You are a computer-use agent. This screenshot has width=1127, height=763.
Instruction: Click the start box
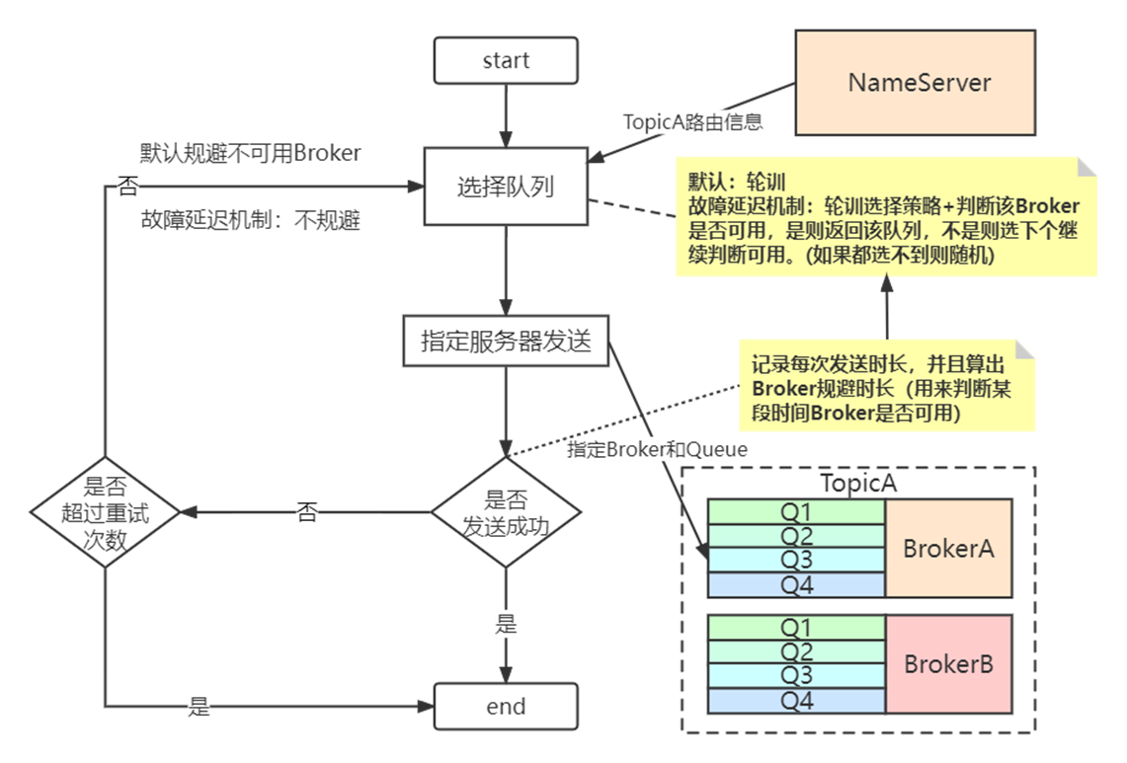505,61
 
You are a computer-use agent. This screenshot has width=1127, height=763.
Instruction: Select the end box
505,707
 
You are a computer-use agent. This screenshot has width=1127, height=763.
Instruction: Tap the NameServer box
919,82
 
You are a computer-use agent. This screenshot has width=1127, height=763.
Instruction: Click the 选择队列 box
506,186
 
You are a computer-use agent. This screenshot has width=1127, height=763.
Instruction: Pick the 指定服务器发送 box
506,341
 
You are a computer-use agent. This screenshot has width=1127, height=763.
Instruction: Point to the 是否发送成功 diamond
505,512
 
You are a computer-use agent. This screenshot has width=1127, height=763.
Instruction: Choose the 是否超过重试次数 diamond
104,512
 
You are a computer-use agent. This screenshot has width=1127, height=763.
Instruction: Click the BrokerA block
948,548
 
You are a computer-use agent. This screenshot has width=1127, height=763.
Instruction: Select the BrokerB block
948,664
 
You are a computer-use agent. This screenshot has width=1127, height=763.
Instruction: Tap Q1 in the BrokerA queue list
796,511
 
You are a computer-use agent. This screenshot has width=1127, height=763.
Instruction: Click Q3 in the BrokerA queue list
796,560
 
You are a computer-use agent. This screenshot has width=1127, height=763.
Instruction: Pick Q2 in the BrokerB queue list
796,651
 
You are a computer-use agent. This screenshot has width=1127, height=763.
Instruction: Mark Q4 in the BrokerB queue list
796,700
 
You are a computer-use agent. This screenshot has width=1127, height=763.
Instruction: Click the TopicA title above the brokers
857,484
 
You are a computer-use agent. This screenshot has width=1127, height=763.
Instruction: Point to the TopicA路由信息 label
692,121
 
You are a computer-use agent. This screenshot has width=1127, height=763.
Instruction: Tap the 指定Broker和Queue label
657,449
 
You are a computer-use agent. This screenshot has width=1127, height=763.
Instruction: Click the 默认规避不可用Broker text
250,153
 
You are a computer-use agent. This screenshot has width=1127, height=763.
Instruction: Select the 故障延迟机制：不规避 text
250,221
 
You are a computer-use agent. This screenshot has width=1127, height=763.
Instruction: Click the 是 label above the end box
505,624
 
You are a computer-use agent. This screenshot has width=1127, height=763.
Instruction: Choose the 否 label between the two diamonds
307,511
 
